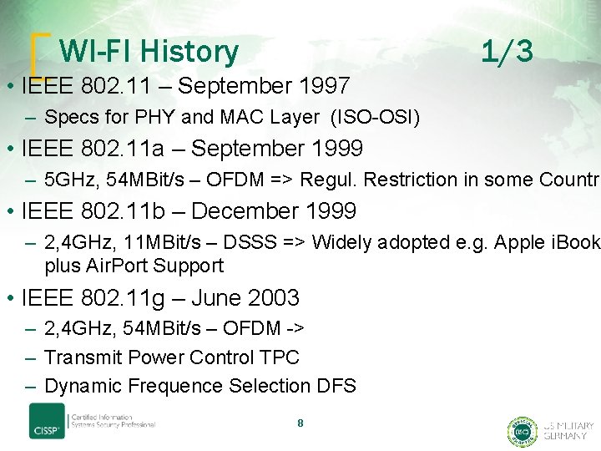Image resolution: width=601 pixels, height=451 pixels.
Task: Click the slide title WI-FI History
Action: (149, 52)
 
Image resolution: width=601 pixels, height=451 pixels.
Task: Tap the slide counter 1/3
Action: (507, 52)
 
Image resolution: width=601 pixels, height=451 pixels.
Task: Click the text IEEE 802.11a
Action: (93, 149)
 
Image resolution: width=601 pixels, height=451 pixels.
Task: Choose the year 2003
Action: (271, 297)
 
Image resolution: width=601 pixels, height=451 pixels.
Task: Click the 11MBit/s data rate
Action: (153, 242)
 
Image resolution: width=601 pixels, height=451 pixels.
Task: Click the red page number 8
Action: (300, 423)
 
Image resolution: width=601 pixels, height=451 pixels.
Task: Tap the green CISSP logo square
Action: (47, 422)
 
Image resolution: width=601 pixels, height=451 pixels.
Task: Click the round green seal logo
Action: (522, 431)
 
